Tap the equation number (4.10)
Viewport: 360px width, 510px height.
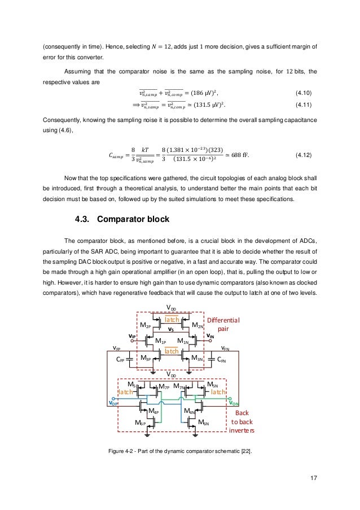[306, 93]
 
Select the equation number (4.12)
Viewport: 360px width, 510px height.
[306, 154]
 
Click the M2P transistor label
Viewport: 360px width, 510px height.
[148, 326]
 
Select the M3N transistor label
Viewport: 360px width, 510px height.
[197, 358]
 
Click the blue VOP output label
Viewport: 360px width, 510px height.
[114, 403]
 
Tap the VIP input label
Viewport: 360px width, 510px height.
[131, 336]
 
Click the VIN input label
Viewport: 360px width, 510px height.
[210, 337]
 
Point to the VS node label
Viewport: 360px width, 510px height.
[170, 329]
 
